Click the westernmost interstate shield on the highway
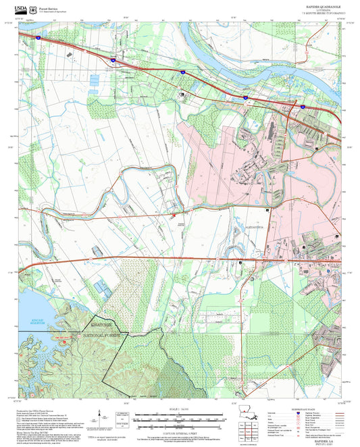[39, 38]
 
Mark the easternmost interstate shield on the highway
[302, 106]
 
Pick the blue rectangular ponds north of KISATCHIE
[103, 288]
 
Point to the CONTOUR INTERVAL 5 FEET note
[180, 432]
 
